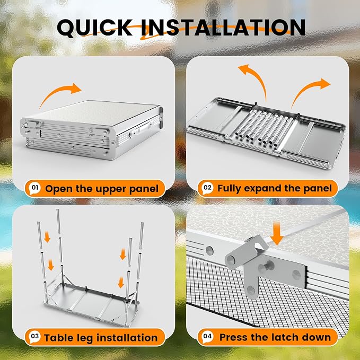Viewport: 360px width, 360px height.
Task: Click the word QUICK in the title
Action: pyautogui.click(x=94, y=28)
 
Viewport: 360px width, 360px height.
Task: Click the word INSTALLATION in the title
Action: pyautogui.click(x=223, y=28)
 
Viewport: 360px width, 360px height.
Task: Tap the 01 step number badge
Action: pyautogui.click(x=34, y=188)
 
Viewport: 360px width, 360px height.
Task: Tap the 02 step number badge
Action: pyautogui.click(x=207, y=188)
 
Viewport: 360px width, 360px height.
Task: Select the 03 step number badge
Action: pyautogui.click(x=34, y=337)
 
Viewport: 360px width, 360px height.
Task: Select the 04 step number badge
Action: pyautogui.click(x=207, y=337)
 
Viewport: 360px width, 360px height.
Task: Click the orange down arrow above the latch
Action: pyautogui.click(x=277, y=234)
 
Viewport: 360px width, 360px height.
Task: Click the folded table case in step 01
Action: pyautogui.click(x=92, y=129)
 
